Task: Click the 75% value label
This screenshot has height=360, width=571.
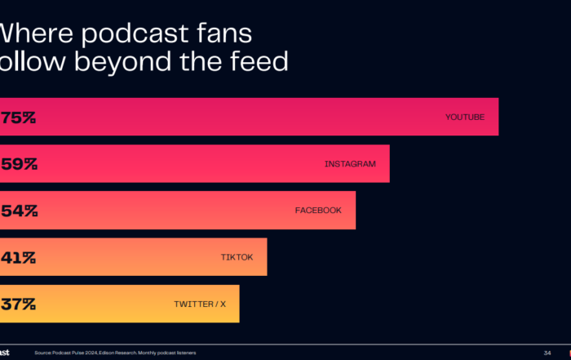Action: pos(18,118)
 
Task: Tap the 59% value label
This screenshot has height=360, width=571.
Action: pos(18,164)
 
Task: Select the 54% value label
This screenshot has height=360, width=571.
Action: pos(18,211)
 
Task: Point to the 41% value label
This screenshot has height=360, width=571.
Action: pos(18,257)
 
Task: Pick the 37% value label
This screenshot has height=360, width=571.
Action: pos(18,304)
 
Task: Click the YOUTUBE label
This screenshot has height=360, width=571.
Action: pos(465,118)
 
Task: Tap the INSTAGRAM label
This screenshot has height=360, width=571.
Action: pos(350,164)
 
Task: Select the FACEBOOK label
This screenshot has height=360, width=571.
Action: pos(318,211)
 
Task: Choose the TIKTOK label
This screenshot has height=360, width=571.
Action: pos(237,257)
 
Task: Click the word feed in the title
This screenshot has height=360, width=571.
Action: pos(255,61)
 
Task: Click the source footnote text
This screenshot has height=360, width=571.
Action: pos(114,353)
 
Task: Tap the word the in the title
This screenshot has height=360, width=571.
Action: pos(194,61)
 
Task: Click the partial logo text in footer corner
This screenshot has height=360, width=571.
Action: pos(5,352)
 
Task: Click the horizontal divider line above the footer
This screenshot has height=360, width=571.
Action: pos(285,344)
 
